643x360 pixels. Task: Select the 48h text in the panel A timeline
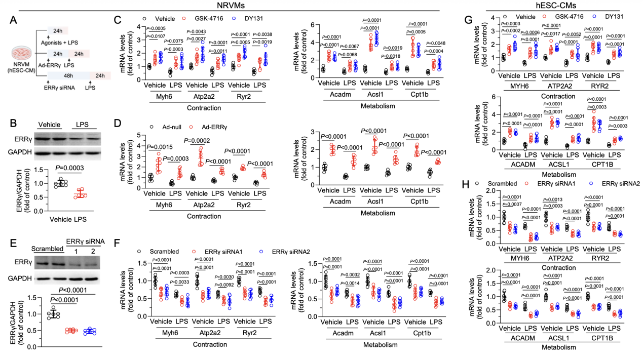pos(68,75)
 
